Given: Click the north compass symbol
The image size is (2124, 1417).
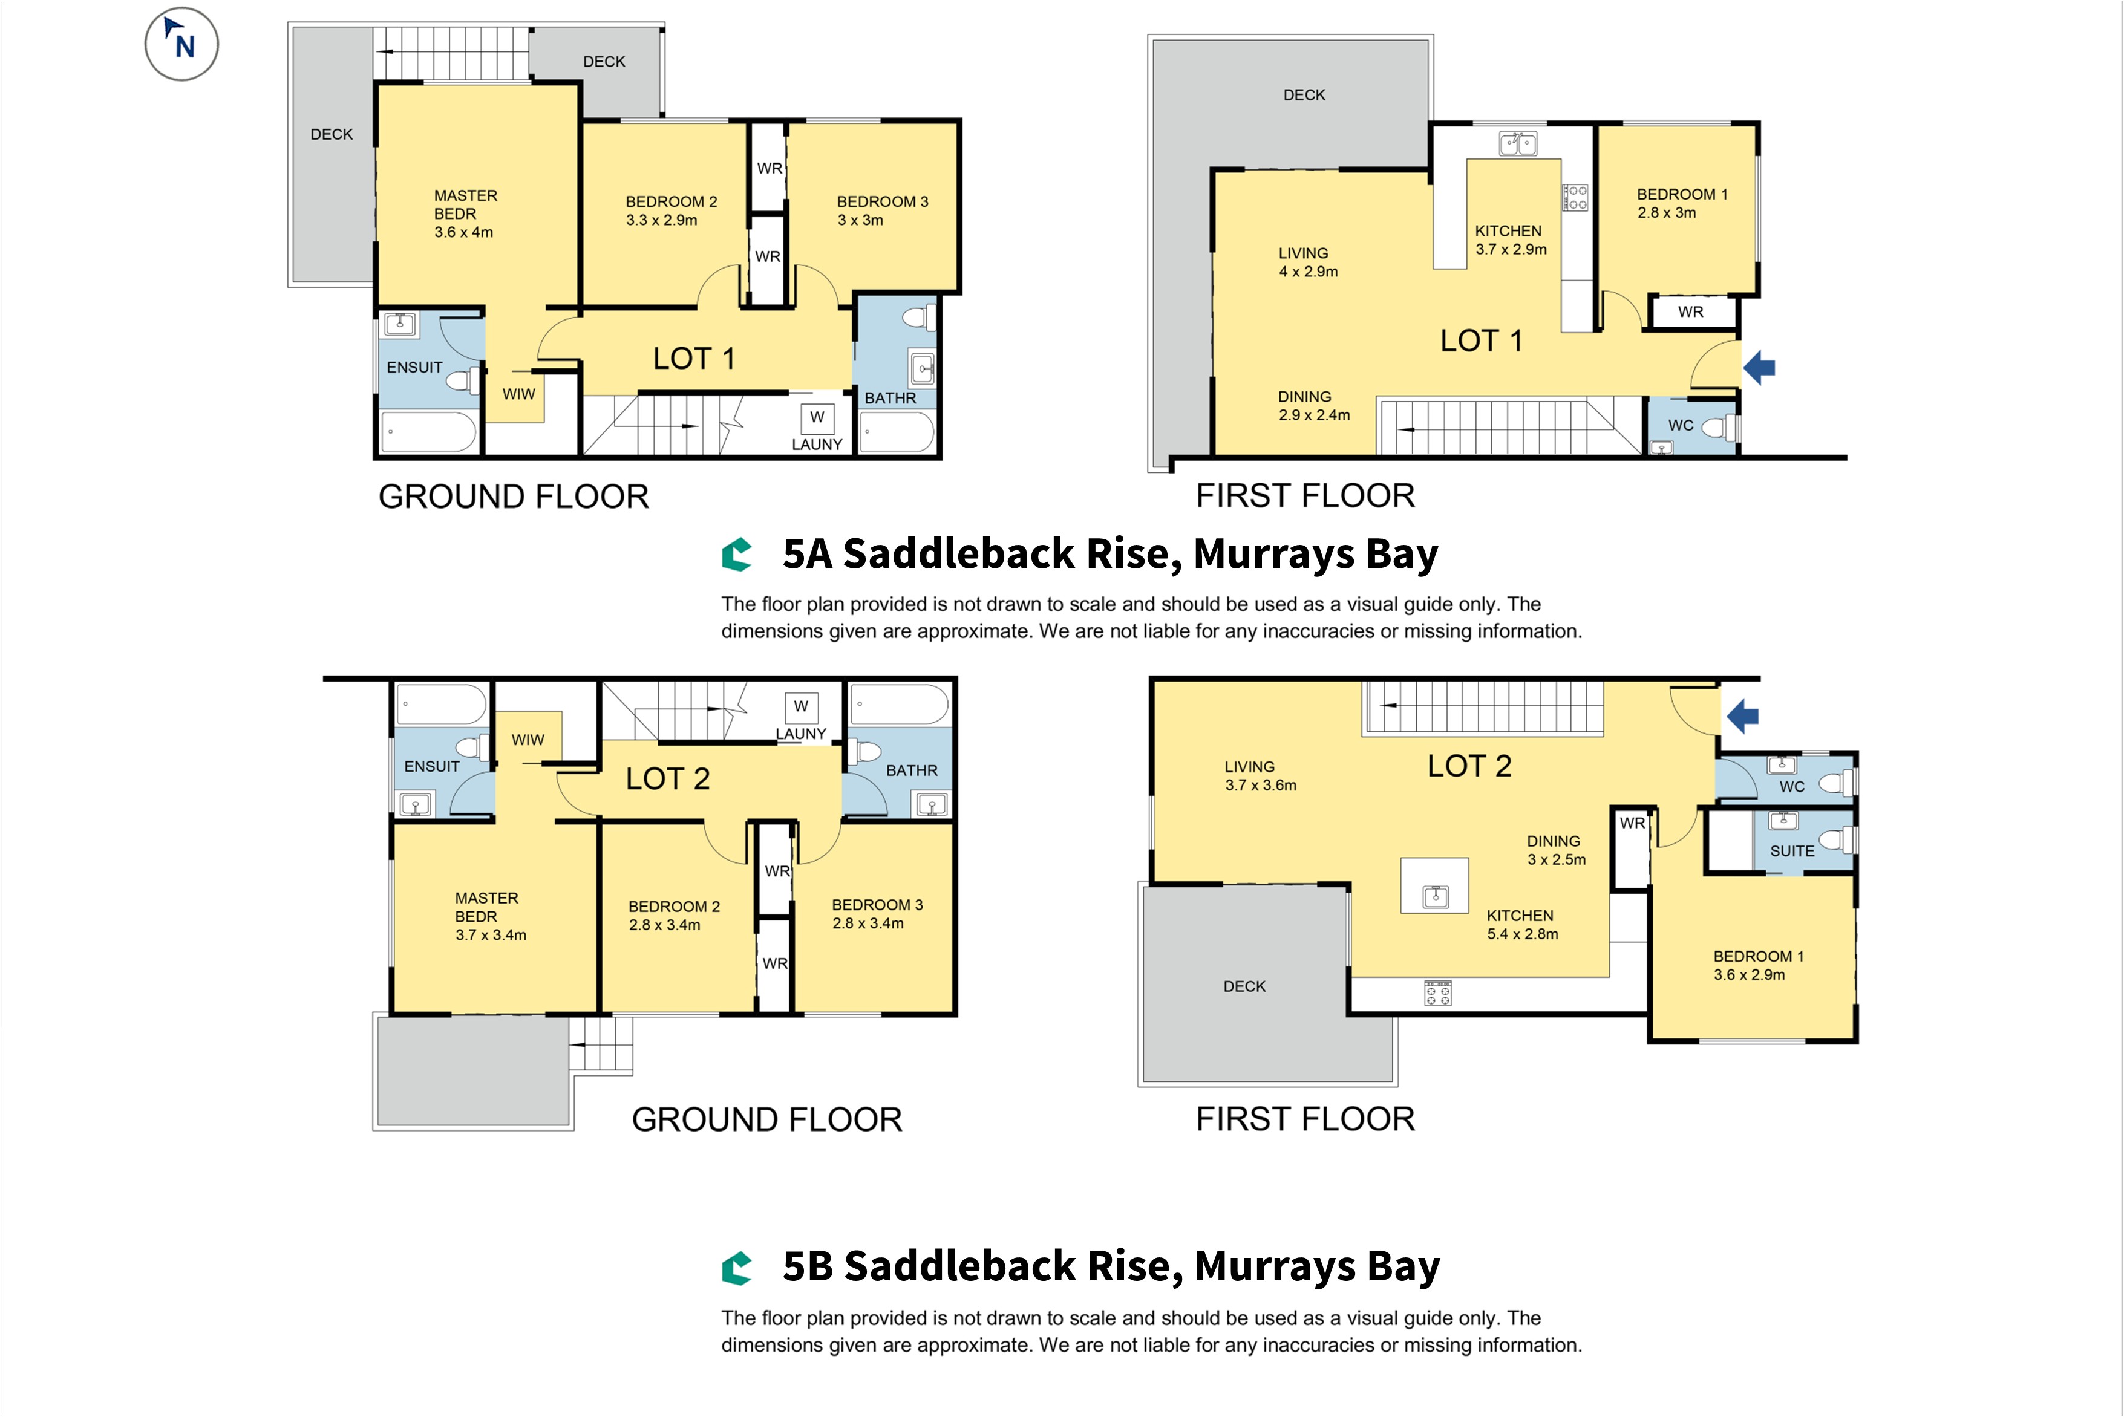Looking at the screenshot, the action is [181, 44].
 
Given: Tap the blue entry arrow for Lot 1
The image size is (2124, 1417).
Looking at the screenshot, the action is [1759, 368].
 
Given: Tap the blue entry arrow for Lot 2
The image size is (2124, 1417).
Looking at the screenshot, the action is [1743, 717].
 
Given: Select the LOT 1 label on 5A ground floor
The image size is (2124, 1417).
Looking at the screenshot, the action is [694, 359].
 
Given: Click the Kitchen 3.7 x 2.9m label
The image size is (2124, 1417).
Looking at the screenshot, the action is [1511, 240].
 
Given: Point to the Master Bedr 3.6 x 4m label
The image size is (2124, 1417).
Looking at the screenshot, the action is [465, 214].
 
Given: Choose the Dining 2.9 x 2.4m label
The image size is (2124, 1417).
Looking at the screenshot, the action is [1314, 406].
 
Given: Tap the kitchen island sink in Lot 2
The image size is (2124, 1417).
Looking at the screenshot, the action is [1436, 896].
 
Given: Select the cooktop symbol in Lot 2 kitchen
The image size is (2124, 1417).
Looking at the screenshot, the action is [1437, 993].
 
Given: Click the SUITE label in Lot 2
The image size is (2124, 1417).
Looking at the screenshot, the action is [1792, 852].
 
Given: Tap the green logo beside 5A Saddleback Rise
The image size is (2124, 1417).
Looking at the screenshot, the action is [737, 555].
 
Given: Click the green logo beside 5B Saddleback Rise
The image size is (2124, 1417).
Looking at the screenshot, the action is [737, 1268].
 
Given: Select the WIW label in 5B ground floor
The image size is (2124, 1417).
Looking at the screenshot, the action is [528, 740].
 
